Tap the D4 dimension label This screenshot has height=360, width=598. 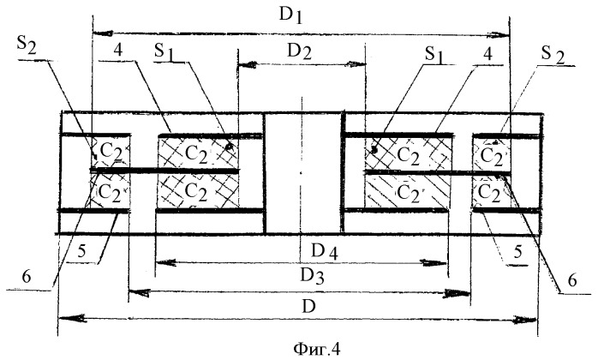[302, 250]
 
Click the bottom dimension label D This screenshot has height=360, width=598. [300, 304]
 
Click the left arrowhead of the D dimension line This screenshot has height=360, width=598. [63, 319]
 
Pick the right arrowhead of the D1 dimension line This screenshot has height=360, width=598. [505, 34]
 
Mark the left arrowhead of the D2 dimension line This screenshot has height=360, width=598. [243, 63]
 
